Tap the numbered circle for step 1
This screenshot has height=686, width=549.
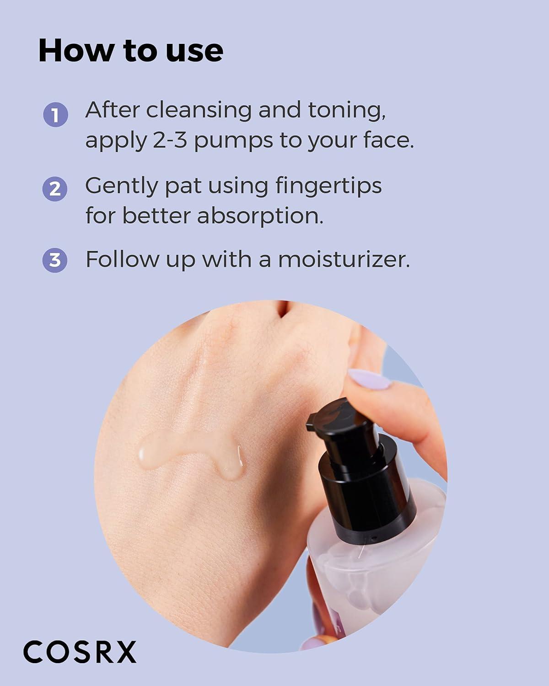coord(55,115)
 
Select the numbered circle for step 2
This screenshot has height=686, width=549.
coord(55,188)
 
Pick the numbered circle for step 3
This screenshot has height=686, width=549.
coord(55,260)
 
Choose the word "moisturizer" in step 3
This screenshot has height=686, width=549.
coord(344,259)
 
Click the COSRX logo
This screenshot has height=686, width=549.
coord(80,652)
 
